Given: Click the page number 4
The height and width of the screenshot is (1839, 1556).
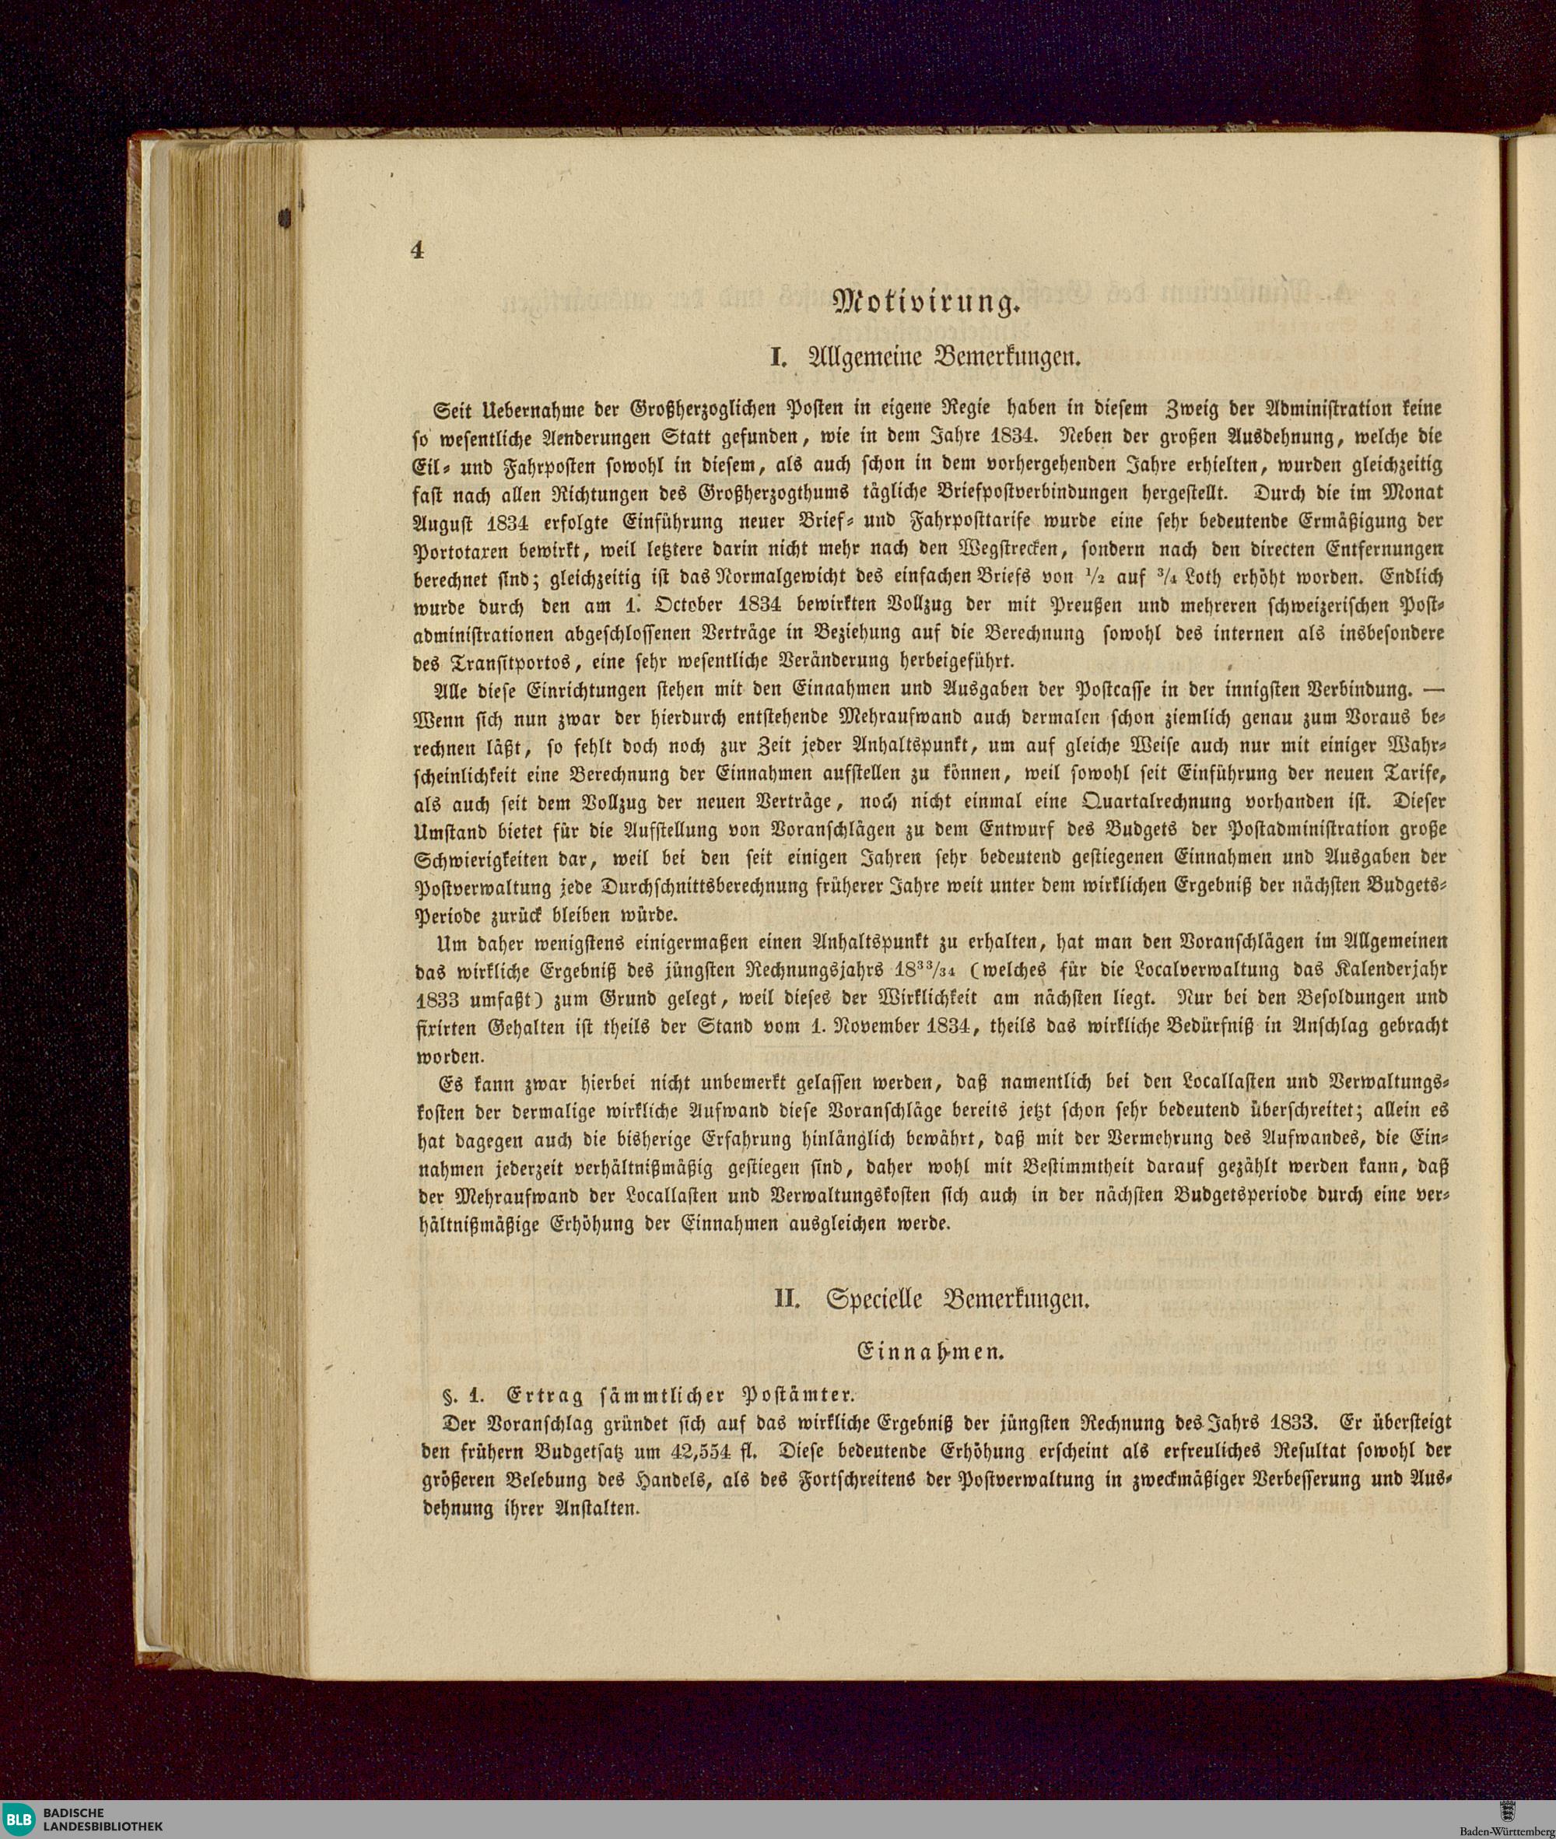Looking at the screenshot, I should pyautogui.click(x=416, y=250).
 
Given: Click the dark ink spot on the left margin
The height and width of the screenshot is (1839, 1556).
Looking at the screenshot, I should pyautogui.click(x=284, y=217).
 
